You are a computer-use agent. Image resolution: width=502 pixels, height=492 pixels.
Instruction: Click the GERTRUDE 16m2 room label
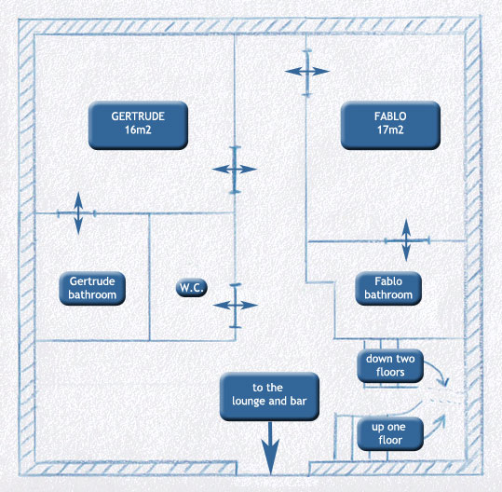click(x=138, y=125)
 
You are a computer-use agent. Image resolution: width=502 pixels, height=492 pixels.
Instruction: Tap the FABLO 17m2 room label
click(x=390, y=125)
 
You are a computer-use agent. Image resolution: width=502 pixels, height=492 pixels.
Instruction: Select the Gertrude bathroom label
click(x=92, y=288)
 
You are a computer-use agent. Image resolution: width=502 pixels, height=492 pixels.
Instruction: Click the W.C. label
click(x=192, y=288)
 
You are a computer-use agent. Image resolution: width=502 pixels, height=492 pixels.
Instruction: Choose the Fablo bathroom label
click(x=388, y=288)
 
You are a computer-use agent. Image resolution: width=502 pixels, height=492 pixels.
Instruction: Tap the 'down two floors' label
click(x=390, y=365)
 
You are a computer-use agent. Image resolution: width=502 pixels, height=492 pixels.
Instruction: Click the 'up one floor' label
click(x=390, y=433)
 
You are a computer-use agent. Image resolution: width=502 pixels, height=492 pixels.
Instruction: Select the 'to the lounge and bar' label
click(x=269, y=396)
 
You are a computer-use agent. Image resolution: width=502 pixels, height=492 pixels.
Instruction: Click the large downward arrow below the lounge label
click(x=270, y=448)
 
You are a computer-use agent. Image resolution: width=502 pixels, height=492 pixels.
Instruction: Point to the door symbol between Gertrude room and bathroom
click(x=78, y=213)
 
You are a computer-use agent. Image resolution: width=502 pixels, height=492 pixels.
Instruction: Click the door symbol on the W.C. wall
click(x=236, y=306)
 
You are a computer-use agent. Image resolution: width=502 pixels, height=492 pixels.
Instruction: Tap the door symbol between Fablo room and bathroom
click(x=406, y=240)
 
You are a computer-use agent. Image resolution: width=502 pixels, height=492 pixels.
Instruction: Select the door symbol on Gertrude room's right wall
click(x=235, y=170)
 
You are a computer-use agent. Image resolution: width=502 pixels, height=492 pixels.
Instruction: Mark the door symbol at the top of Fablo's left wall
click(x=307, y=72)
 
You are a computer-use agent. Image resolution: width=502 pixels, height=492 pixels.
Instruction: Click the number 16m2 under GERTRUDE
click(x=138, y=130)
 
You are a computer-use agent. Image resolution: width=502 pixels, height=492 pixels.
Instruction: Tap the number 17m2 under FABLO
click(x=390, y=130)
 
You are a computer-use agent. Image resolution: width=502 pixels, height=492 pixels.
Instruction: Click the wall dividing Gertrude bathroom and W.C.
click(x=149, y=277)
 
